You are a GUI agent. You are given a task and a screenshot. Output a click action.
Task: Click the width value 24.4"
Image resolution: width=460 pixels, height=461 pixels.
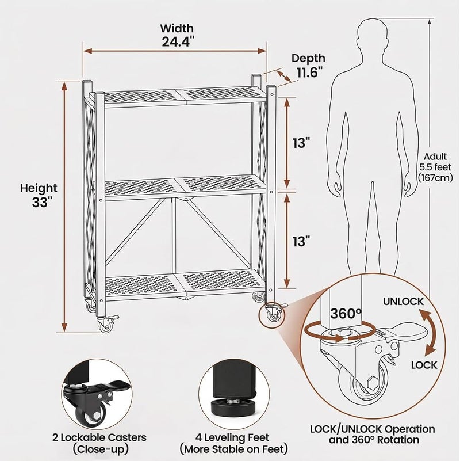coord(178,41)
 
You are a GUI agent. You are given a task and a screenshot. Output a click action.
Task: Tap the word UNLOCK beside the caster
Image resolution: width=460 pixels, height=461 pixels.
coord(403,302)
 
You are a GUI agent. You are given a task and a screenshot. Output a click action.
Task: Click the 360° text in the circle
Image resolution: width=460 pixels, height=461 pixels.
coord(346,314)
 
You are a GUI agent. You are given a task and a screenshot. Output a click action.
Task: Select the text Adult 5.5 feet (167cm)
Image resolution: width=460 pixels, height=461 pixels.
coord(435,167)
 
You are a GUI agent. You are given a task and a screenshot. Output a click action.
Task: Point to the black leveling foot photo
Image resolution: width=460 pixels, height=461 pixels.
coord(234,394)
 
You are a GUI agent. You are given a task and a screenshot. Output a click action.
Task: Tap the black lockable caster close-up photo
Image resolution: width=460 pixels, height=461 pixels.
coord(97,394)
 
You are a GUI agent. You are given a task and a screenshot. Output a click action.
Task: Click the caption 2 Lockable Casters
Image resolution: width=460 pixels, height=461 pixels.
coord(99,437)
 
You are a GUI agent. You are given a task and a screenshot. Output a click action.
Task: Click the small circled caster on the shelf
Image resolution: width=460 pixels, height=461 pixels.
coord(272,315)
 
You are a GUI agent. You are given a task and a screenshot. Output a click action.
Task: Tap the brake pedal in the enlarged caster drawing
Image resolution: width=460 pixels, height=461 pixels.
coord(408,332)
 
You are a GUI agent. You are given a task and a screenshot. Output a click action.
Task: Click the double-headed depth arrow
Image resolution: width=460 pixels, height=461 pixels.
coord(283,76)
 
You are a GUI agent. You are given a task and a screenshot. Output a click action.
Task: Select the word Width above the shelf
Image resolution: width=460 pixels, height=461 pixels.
coord(177,28)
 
